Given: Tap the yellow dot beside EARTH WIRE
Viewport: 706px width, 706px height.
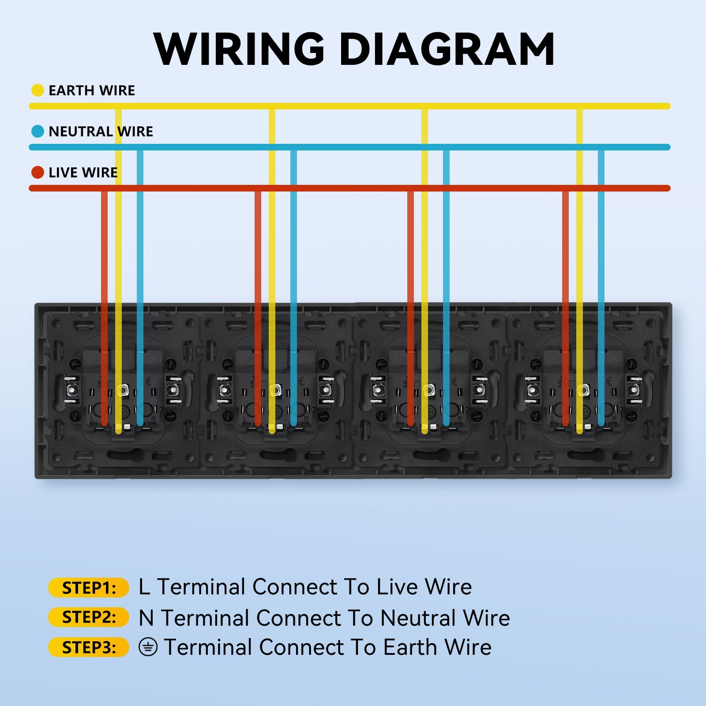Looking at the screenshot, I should pyautogui.click(x=38, y=90).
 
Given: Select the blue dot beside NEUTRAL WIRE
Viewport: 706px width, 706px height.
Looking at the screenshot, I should pyautogui.click(x=38, y=131).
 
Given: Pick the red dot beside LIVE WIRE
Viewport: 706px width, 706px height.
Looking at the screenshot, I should pyautogui.click(x=38, y=173).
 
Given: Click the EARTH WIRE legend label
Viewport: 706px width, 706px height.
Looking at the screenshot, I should pyautogui.click(x=91, y=90).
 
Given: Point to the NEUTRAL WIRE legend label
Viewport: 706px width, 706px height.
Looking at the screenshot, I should pyautogui.click(x=101, y=131).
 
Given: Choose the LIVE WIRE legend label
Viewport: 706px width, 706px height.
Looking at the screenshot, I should pyautogui.click(x=83, y=173).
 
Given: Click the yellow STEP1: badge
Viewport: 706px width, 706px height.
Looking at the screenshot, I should pyautogui.click(x=89, y=588).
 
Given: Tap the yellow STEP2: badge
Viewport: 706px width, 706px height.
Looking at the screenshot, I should pyautogui.click(x=89, y=617).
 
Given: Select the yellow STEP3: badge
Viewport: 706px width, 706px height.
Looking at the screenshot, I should pyautogui.click(x=89, y=647).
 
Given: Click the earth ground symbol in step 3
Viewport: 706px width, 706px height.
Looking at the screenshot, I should pyautogui.click(x=148, y=647).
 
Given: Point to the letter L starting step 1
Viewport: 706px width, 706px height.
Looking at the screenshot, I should pyautogui.click(x=144, y=587).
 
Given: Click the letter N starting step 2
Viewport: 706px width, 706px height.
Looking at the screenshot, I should pyautogui.click(x=146, y=618).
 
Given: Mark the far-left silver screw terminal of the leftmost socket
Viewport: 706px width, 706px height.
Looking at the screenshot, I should pyautogui.click(x=71, y=390).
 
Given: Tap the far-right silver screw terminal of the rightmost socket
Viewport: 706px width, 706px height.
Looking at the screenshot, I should pyautogui.click(x=635, y=390).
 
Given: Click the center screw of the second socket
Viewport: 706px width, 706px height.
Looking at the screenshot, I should pyautogui.click(x=275, y=390).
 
